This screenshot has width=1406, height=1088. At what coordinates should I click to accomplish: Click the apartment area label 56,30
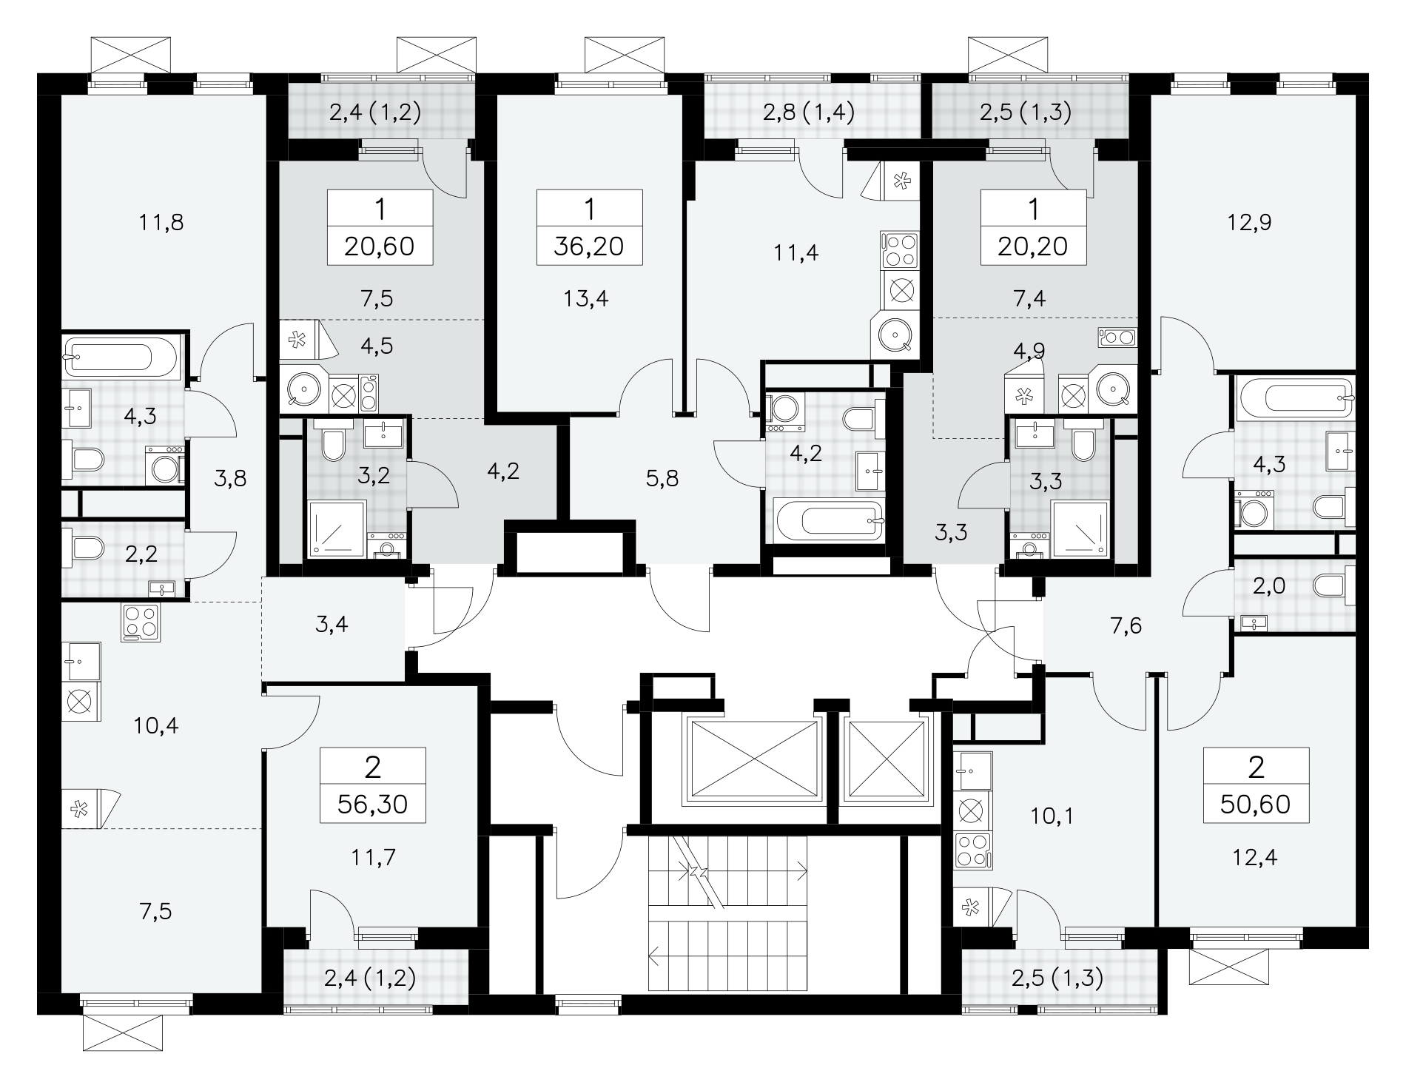pyautogui.click(x=372, y=804)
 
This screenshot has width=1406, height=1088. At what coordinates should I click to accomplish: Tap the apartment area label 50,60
pyautogui.click(x=1256, y=804)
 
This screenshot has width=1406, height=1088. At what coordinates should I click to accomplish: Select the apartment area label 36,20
pyautogui.click(x=589, y=246)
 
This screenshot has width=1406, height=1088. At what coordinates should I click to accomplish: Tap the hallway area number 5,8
pyautogui.click(x=662, y=479)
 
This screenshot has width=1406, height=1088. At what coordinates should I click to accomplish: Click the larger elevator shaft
pyautogui.click(x=753, y=758)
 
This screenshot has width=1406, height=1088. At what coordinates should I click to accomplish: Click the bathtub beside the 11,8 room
pyautogui.click(x=119, y=358)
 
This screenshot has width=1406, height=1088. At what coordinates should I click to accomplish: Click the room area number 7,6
pyautogui.click(x=1126, y=626)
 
